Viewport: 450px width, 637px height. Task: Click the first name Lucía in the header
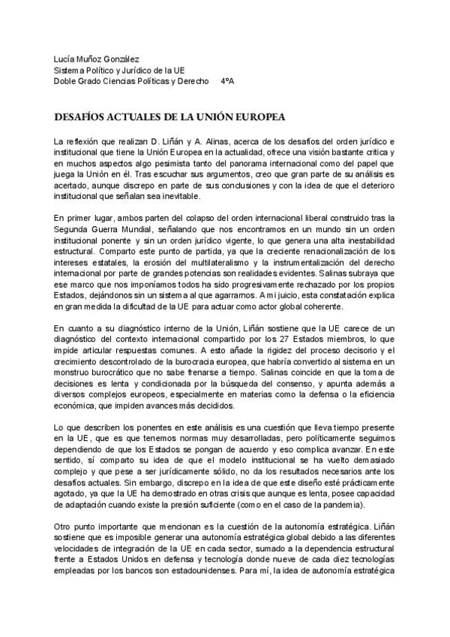64,59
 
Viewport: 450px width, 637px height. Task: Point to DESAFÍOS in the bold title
82,118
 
